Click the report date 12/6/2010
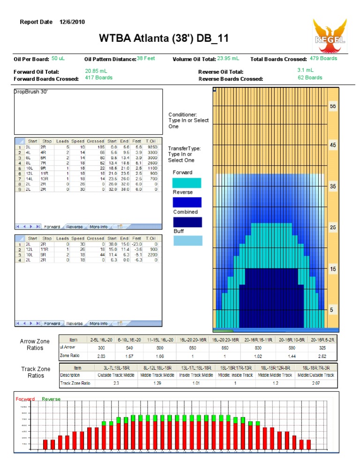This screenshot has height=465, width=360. coord(72,22)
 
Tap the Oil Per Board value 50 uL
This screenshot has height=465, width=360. coord(58,59)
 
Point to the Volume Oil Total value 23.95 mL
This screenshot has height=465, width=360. coord(228,59)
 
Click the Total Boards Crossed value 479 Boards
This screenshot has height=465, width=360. coord(323,59)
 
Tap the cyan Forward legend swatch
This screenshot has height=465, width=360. coord(187,183)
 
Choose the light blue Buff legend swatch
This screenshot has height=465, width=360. coord(187,241)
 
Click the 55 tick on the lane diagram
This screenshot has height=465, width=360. coord(333,107)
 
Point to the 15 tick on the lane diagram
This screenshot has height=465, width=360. coord(333,269)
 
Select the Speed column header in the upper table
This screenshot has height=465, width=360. coord(78,141)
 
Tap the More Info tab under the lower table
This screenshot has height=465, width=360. coord(98,323)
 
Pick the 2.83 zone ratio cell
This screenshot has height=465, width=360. coord(101,357)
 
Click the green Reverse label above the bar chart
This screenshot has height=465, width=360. coord(51,399)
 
